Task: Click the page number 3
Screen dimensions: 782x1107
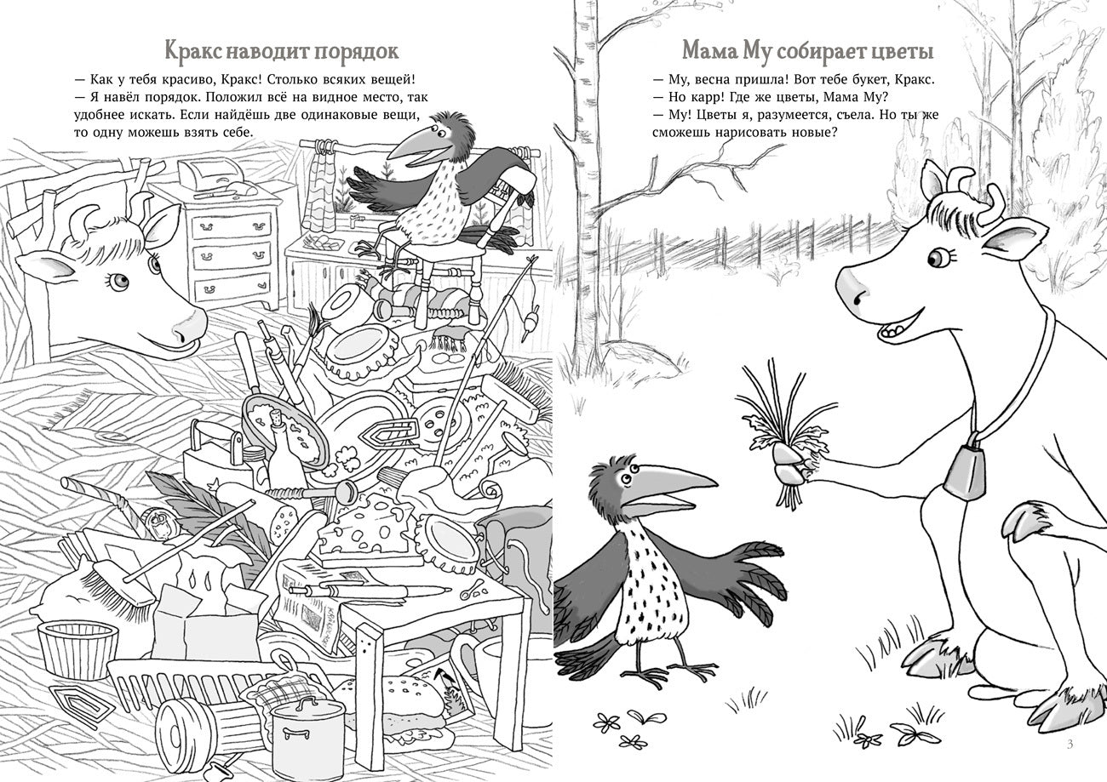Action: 1070,745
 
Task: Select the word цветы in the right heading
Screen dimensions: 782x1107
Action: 902,52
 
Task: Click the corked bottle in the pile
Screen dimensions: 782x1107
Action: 278,447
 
